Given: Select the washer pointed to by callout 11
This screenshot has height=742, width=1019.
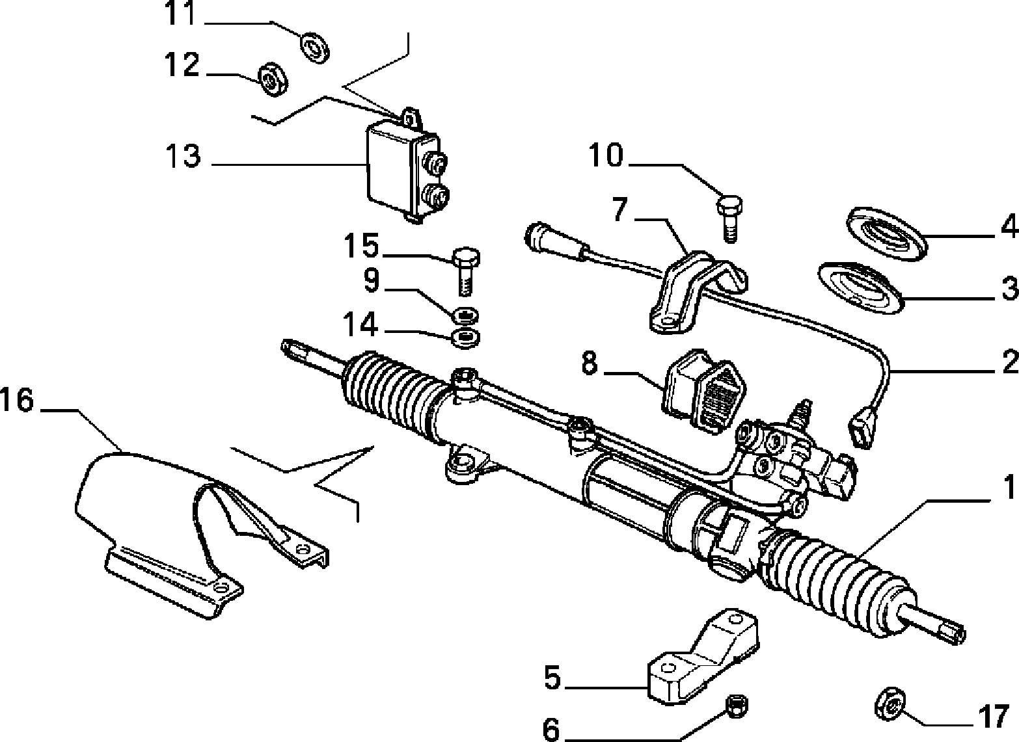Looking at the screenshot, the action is click(x=315, y=47).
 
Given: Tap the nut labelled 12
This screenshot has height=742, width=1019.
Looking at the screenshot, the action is click(x=272, y=79).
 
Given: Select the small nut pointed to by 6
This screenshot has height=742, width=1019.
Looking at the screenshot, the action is click(x=737, y=707).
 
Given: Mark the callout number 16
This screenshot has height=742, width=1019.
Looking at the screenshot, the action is click(x=18, y=400).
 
